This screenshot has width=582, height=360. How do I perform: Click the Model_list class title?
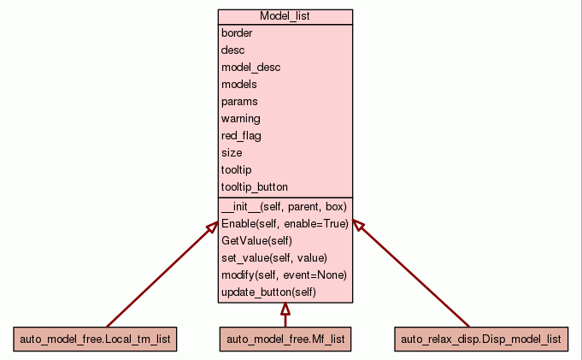pos(285,17)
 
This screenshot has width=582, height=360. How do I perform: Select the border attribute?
pos(237,33)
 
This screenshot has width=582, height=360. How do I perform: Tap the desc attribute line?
pos(233,50)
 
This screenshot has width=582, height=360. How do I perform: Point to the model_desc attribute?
pos(250,68)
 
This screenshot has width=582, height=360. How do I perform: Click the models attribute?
pos(239,85)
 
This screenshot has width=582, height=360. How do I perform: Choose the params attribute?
pos(240,102)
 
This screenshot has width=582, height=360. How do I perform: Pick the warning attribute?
pos(241,119)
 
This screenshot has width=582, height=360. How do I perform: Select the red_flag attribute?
pos(241,136)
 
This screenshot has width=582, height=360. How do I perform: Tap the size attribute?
pos(232,153)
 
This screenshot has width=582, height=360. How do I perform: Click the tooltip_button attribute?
pos(255,186)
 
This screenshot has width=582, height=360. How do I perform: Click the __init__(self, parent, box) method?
pos(284,207)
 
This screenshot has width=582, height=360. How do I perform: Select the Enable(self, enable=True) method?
pos(285,224)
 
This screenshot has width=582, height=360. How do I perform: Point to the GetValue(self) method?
pos(256,241)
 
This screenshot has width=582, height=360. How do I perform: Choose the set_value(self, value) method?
pos(274,258)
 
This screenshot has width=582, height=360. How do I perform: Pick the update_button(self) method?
pos(268,292)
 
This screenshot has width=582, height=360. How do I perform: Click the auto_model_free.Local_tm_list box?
pos(95,339)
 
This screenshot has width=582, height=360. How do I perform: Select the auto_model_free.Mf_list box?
pos(285,339)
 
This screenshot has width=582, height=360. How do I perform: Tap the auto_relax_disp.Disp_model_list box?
pos(481,339)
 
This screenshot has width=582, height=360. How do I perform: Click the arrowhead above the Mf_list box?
pos(285,309)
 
